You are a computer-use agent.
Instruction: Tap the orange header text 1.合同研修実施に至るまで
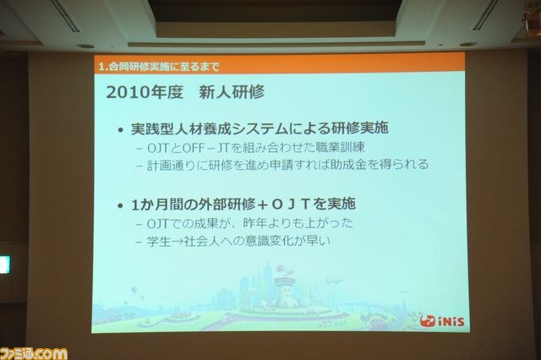point(159,67)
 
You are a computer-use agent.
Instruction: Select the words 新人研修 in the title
point(232,92)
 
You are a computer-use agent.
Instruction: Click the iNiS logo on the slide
point(442,321)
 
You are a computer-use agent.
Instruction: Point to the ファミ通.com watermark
point(34,353)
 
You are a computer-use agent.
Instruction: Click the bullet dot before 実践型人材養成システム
point(120,130)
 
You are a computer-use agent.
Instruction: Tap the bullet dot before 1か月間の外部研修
point(120,206)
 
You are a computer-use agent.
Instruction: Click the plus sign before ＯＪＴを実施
point(263,205)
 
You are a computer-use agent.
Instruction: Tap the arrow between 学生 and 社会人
point(178,241)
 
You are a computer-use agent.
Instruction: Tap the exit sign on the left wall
point(5,265)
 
